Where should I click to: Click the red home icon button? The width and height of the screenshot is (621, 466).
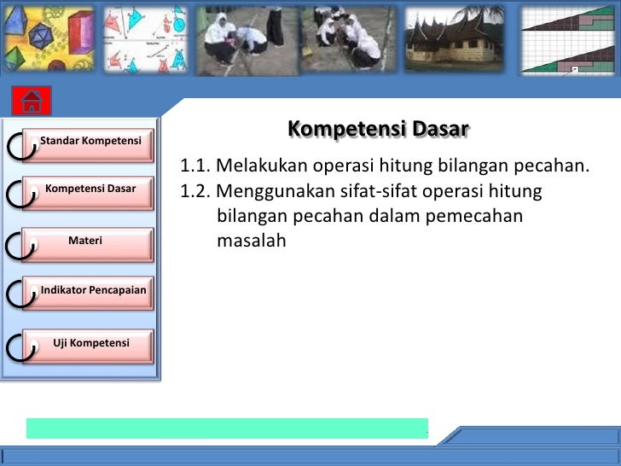[32, 102]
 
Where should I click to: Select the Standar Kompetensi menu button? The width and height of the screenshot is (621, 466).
[91, 140]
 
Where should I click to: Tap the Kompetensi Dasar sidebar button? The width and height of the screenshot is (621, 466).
[90, 188]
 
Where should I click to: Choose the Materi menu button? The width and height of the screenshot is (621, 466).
[85, 241]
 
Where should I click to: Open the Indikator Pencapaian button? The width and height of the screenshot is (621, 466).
[93, 291]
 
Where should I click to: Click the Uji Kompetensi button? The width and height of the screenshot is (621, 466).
[91, 343]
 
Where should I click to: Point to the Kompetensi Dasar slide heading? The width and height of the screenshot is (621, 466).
[378, 129]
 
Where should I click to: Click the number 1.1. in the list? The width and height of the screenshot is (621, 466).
[195, 166]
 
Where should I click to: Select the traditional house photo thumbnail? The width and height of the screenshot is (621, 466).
[455, 39]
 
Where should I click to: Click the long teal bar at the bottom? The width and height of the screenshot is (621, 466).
[227, 428]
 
